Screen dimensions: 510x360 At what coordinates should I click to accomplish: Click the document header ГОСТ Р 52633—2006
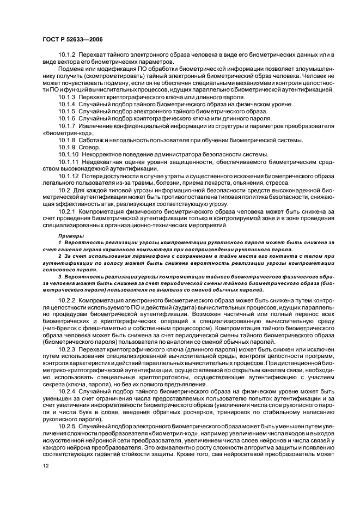pyautogui.click(x=73, y=39)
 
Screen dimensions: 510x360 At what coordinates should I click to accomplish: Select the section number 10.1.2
pyautogui.click(x=66, y=56)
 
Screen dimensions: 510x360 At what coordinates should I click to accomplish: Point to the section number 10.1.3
pyautogui.click(x=66, y=97)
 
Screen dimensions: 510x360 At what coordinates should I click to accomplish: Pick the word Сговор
pyautogui.click(x=89, y=148)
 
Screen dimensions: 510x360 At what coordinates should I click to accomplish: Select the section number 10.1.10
pyautogui.click(x=68, y=155)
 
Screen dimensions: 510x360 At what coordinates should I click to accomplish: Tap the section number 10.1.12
pyautogui.click(x=68, y=177)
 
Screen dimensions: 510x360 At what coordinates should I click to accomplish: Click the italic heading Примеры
pyautogui.click(x=70, y=235)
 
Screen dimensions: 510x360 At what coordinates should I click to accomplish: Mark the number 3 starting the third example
pyautogui.click(x=59, y=276)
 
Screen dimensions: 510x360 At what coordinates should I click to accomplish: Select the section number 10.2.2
pyautogui.click(x=66, y=300)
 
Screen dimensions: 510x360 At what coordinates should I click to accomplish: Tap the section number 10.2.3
pyautogui.click(x=66, y=350)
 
